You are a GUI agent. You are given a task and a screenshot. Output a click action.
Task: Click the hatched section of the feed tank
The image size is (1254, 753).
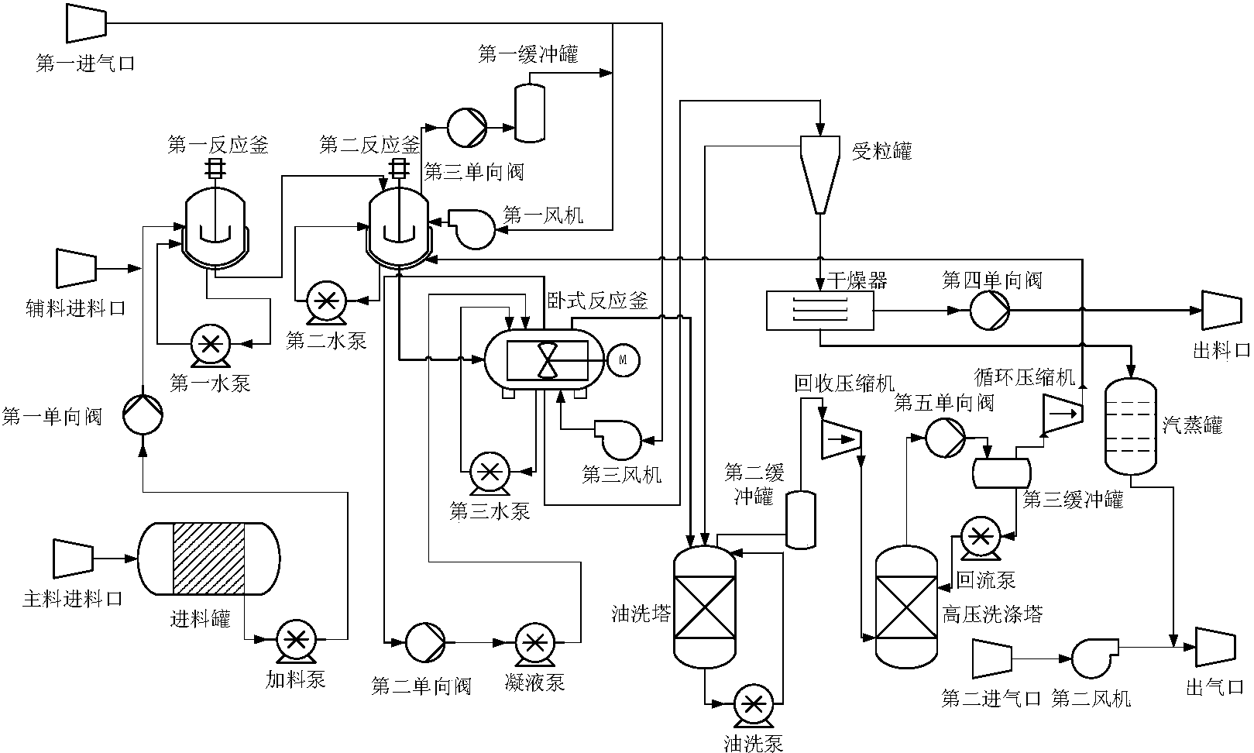click(208, 559)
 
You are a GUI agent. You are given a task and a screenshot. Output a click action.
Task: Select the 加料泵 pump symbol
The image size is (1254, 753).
click(295, 640)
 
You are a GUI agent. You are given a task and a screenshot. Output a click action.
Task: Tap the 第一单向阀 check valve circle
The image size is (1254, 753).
click(143, 415)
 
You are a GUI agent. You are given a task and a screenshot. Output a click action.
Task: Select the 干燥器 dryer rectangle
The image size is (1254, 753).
click(819, 311)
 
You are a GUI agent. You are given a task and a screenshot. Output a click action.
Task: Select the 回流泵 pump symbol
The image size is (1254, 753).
click(980, 536)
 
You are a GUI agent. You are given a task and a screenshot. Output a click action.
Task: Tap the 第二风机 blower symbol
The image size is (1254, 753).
click(1093, 658)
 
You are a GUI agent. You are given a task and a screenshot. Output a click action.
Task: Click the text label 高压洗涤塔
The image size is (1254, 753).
click(991, 615)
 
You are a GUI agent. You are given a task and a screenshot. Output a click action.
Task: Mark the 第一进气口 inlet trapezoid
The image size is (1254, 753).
click(86, 22)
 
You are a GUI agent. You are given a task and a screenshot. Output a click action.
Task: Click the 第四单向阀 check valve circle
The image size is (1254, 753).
click(990, 311)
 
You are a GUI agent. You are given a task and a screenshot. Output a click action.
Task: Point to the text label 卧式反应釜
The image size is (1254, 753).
click(597, 301)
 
